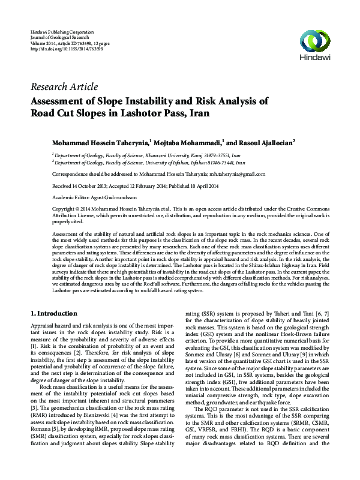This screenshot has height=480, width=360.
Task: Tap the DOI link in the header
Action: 66,49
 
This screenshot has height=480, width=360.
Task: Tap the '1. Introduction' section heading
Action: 53,313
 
